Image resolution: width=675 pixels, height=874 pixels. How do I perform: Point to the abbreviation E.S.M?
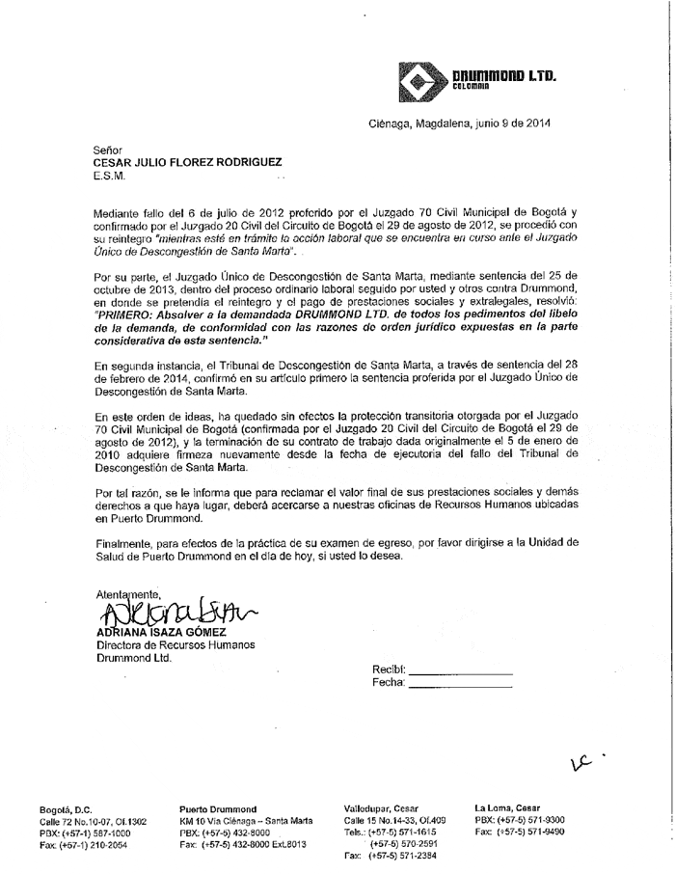pyautogui.click(x=110, y=178)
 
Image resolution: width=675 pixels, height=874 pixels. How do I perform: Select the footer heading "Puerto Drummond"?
pyautogui.click(x=218, y=808)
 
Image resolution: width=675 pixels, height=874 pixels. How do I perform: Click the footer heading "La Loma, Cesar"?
pyautogui.click(x=507, y=808)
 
